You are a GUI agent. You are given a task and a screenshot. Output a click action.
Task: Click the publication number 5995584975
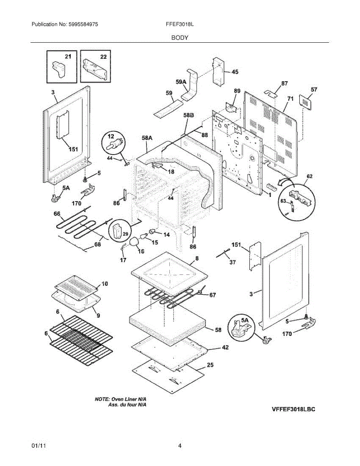point(83,24)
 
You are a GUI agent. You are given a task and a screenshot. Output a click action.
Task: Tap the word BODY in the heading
point(180,38)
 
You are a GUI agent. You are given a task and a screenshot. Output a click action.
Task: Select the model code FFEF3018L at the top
point(180,24)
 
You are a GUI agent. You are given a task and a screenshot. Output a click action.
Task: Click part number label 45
point(235,72)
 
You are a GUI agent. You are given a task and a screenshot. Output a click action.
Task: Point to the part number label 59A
point(181,82)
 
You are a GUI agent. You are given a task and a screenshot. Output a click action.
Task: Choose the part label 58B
point(188,115)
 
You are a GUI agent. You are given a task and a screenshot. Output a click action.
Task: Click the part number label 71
point(290,99)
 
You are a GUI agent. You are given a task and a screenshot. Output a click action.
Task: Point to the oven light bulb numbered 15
point(143,236)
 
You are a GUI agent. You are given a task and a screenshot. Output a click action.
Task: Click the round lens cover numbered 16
point(134,242)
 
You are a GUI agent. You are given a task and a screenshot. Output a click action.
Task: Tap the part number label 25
point(210,365)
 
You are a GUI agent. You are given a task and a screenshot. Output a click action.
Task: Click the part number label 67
point(212,295)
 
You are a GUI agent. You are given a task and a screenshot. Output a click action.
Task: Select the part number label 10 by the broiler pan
point(104,284)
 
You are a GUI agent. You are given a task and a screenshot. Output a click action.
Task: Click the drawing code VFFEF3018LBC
point(294,409)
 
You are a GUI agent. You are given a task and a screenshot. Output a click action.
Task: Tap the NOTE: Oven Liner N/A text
point(120,399)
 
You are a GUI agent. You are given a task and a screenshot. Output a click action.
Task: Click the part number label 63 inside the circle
point(283,201)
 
